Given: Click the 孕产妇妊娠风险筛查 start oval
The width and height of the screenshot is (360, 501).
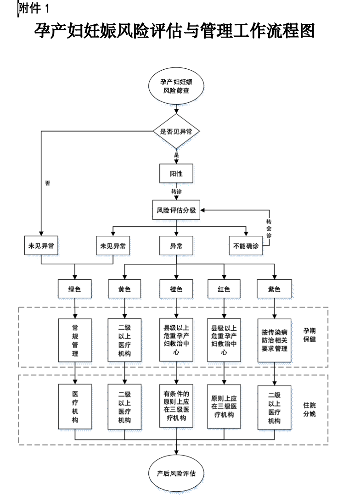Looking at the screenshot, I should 176,86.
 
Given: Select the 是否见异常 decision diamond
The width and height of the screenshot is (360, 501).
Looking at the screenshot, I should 176,131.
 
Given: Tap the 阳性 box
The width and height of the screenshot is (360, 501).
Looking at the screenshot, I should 176,174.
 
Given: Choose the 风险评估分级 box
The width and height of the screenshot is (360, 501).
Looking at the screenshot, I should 176,211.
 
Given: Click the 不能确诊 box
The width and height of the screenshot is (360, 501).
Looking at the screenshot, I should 246,246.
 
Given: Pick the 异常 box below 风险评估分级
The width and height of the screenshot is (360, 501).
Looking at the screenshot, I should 176,246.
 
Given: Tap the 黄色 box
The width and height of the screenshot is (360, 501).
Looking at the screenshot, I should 124,289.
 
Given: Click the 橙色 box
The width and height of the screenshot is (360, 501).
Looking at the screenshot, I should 176,289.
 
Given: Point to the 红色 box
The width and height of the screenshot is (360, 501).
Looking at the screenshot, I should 224,289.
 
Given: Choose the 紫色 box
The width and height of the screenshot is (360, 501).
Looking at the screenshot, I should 274,289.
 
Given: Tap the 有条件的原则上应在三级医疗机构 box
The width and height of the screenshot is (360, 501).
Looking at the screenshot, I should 176,406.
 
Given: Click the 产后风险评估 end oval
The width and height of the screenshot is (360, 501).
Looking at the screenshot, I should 176,473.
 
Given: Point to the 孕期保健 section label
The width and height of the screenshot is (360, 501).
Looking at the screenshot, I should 309,335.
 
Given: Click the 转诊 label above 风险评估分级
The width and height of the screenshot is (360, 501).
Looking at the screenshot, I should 176,191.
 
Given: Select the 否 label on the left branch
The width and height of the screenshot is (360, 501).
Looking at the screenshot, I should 48,183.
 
